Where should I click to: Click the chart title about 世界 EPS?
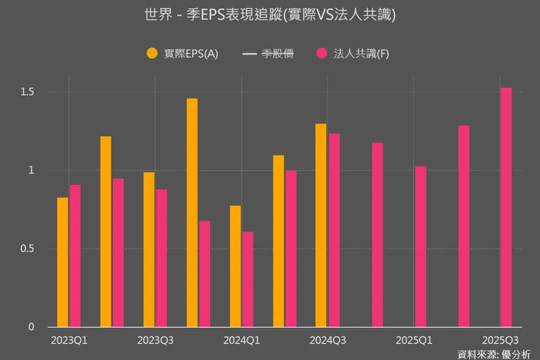270,15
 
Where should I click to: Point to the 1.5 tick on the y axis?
27,92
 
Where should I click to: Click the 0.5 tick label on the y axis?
27,249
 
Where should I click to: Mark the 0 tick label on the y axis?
31,327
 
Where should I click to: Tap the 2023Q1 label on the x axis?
69,340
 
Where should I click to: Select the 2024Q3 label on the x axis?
328,340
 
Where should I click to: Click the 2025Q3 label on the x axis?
501,340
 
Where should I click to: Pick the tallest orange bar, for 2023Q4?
192,212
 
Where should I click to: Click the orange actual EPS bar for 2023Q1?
63,262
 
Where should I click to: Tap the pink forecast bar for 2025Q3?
506,207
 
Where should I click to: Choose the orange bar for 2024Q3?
321,226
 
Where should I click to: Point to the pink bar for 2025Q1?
420,247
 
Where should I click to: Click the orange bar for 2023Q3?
149,250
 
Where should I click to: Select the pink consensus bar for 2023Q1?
75,256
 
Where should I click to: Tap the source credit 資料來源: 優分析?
494,354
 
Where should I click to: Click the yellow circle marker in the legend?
153,53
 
